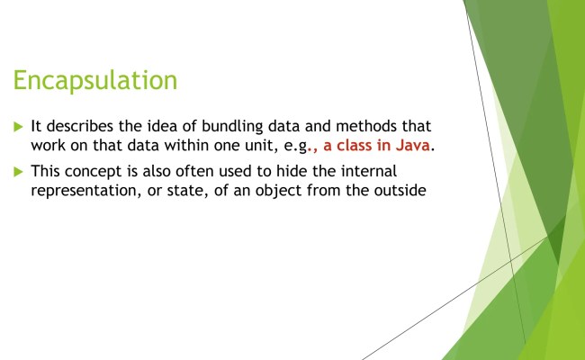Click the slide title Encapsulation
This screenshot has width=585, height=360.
pos(94,80)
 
